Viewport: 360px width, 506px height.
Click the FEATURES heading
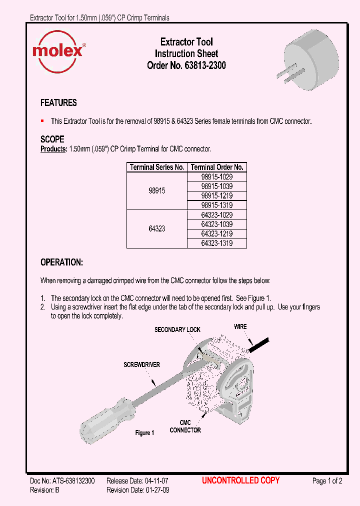click(58, 103)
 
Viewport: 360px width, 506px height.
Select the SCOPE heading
click(52, 139)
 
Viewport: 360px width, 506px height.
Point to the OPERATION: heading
click(61, 262)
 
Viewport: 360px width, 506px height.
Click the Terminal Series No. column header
click(156, 167)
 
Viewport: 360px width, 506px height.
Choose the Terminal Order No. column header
click(217, 167)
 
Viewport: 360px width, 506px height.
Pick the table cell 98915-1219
click(217, 195)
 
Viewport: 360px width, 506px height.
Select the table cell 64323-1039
click(217, 224)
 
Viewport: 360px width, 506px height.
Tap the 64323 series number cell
click(156, 229)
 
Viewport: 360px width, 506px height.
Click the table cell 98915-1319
click(217, 205)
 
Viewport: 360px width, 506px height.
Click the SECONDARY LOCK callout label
click(177, 329)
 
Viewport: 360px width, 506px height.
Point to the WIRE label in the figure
click(240, 326)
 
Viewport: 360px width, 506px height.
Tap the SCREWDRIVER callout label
click(142, 365)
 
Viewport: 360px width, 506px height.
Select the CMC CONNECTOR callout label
click(185, 426)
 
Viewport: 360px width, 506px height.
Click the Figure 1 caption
click(145, 432)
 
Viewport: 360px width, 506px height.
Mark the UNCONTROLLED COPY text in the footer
click(240, 480)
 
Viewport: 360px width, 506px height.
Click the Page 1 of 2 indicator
click(327, 481)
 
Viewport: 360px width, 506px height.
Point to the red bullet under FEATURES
click(42, 121)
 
